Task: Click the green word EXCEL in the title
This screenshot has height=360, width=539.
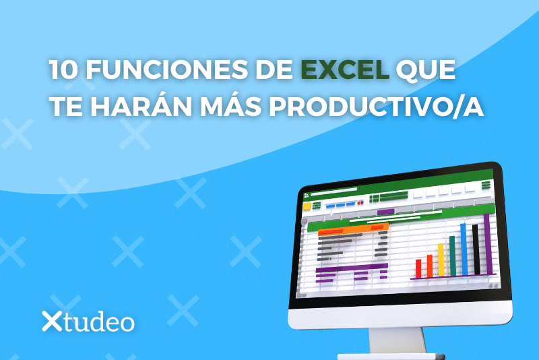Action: point(345,69)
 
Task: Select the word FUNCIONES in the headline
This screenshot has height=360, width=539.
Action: point(166,70)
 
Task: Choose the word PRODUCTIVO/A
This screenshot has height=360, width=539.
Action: point(377,107)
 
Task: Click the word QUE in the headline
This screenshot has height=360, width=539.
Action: point(426,70)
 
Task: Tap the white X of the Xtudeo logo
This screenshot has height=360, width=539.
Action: point(52,321)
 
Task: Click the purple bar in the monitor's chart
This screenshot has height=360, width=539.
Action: point(488,244)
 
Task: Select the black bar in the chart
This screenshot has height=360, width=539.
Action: point(476,249)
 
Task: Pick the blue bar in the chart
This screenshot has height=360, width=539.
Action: point(464,249)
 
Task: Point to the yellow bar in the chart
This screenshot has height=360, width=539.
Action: point(441,260)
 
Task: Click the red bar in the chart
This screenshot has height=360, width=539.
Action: point(418,268)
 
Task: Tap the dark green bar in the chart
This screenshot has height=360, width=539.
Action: point(452,256)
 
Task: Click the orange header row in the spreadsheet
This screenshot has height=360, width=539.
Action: point(353,229)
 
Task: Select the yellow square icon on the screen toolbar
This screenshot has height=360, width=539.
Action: point(307,206)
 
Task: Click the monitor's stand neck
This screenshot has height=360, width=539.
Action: point(398,340)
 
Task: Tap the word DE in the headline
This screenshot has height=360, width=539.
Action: point(274,70)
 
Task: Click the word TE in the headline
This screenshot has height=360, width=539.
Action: point(66,107)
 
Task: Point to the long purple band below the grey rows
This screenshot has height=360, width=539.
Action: point(352,268)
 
